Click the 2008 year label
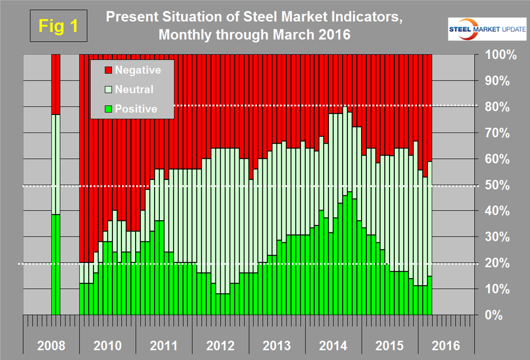click(x=51, y=346)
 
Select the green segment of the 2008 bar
click(x=55, y=264)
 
